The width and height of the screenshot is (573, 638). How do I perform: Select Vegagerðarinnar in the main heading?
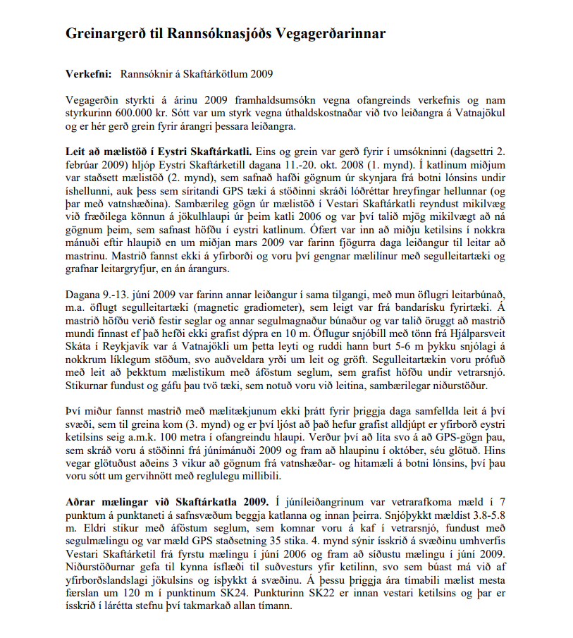[x=326, y=33]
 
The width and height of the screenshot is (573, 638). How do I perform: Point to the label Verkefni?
[x=88, y=73]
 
